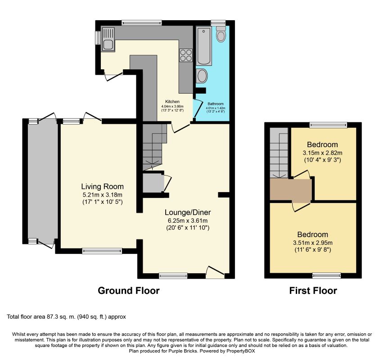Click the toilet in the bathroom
[221, 34]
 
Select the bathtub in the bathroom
[204, 46]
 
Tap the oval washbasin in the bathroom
[202, 76]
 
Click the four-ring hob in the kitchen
[186, 55]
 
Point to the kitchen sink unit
[108, 40]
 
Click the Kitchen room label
[172, 102]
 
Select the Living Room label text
[102, 186]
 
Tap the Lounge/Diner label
[188, 212]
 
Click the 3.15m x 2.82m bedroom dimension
[322, 153]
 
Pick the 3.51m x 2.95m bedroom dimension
[313, 243]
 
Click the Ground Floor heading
[129, 291]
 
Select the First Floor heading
[313, 291]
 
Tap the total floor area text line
[66, 317]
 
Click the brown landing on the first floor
[291, 189]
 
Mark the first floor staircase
[279, 153]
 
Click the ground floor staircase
[154, 146]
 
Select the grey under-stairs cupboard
[153, 183]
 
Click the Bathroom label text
[216, 104]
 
